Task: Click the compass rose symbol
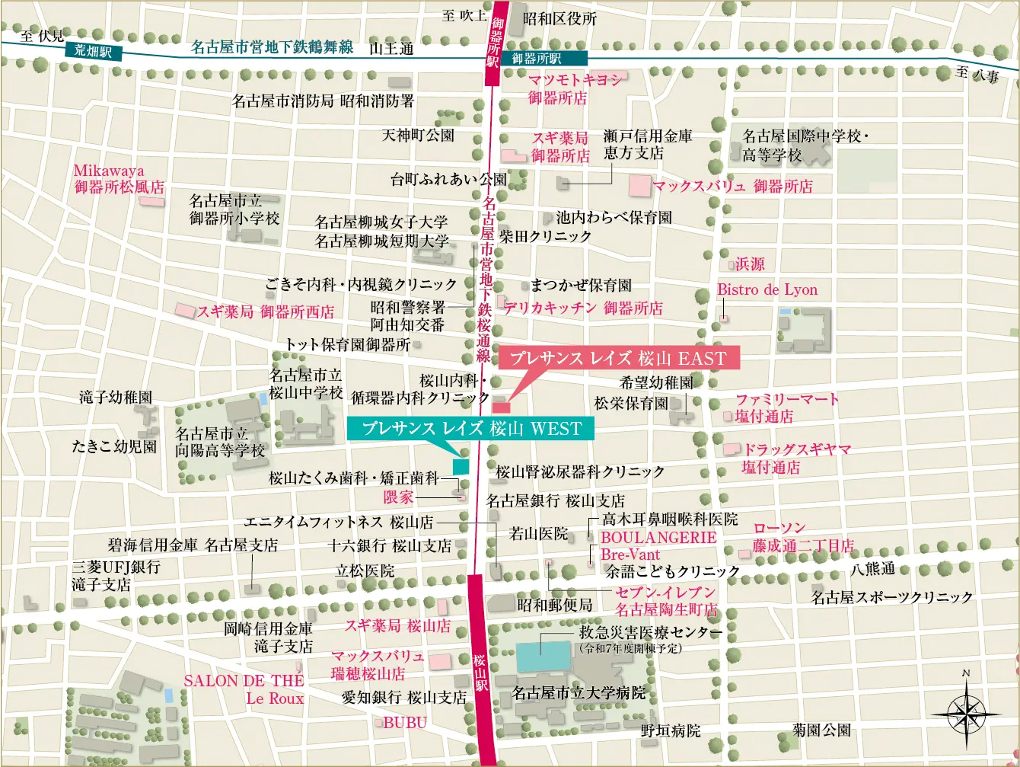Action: [966, 714]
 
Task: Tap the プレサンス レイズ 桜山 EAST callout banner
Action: [618, 358]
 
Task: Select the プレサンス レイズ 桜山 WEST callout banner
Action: [470, 428]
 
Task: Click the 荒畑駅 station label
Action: [93, 51]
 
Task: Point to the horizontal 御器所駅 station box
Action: [537, 58]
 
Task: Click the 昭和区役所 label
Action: [559, 19]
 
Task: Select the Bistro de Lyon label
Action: [767, 290]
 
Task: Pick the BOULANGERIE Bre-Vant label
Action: [658, 545]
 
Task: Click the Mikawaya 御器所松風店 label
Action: [119, 179]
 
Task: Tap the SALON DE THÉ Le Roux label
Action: [244, 689]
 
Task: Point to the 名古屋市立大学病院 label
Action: [579, 693]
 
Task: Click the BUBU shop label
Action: [404, 723]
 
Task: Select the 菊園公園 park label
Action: [821, 730]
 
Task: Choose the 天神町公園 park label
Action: [418, 136]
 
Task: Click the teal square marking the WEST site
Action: [461, 466]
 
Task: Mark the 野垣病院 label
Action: [670, 730]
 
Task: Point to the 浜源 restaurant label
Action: [749, 264]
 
